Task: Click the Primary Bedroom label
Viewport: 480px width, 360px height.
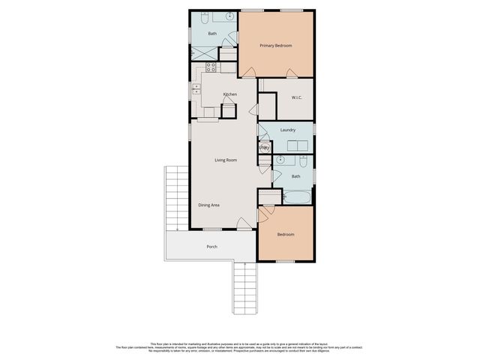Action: pyautogui.click(x=275, y=46)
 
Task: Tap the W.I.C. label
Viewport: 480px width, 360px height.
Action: pyautogui.click(x=296, y=98)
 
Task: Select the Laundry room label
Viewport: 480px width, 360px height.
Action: pyautogui.click(x=287, y=130)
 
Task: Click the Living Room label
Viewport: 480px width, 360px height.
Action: pyautogui.click(x=226, y=160)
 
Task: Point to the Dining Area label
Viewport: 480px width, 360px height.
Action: pyautogui.click(x=208, y=205)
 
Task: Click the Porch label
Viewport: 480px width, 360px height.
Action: pyautogui.click(x=211, y=246)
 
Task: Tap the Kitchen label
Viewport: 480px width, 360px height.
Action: pyautogui.click(x=229, y=94)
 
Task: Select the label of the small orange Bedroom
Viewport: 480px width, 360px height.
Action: pyautogui.click(x=285, y=235)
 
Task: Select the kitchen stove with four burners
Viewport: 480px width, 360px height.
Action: pyautogui.click(x=211, y=66)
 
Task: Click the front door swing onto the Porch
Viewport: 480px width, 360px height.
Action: pyautogui.click(x=243, y=223)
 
